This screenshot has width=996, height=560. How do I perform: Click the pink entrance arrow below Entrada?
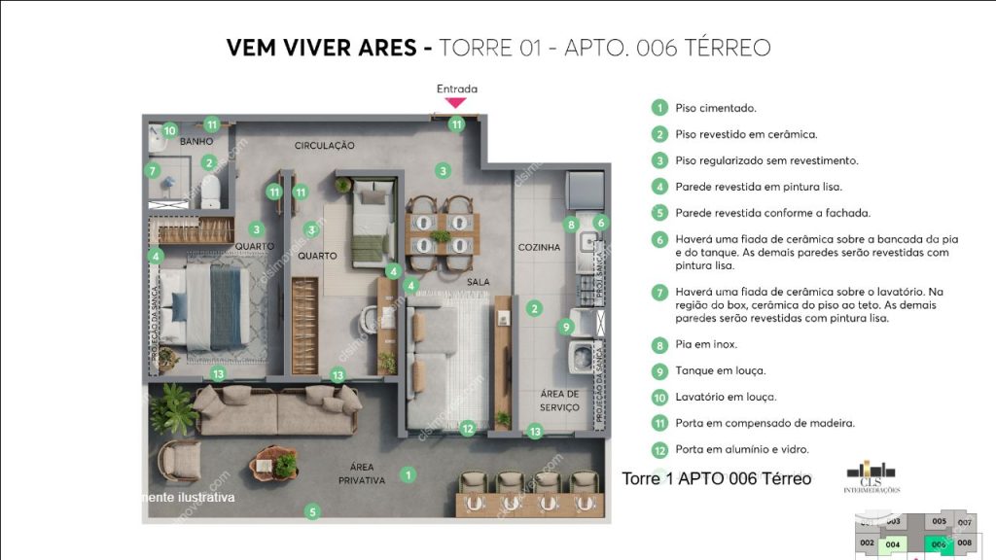tap(456, 102)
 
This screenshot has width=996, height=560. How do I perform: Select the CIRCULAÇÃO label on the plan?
tap(325, 146)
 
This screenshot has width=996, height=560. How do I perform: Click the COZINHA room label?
tap(539, 247)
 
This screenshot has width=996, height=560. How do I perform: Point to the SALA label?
tap(478, 282)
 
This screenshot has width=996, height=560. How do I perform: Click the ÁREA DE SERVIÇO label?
tap(559, 401)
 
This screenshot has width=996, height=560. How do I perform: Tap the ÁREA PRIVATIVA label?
tap(361, 473)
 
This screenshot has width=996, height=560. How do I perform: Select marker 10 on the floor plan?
tap(169, 130)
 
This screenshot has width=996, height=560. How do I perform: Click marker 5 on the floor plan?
tap(312, 511)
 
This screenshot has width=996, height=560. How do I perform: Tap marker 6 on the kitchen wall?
tap(601, 223)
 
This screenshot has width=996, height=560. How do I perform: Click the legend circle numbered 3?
tap(659, 160)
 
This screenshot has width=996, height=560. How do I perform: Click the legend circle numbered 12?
tap(659, 449)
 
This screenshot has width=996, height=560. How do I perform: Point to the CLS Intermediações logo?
tap(871, 475)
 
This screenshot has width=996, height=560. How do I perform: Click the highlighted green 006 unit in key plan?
tap(939, 544)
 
